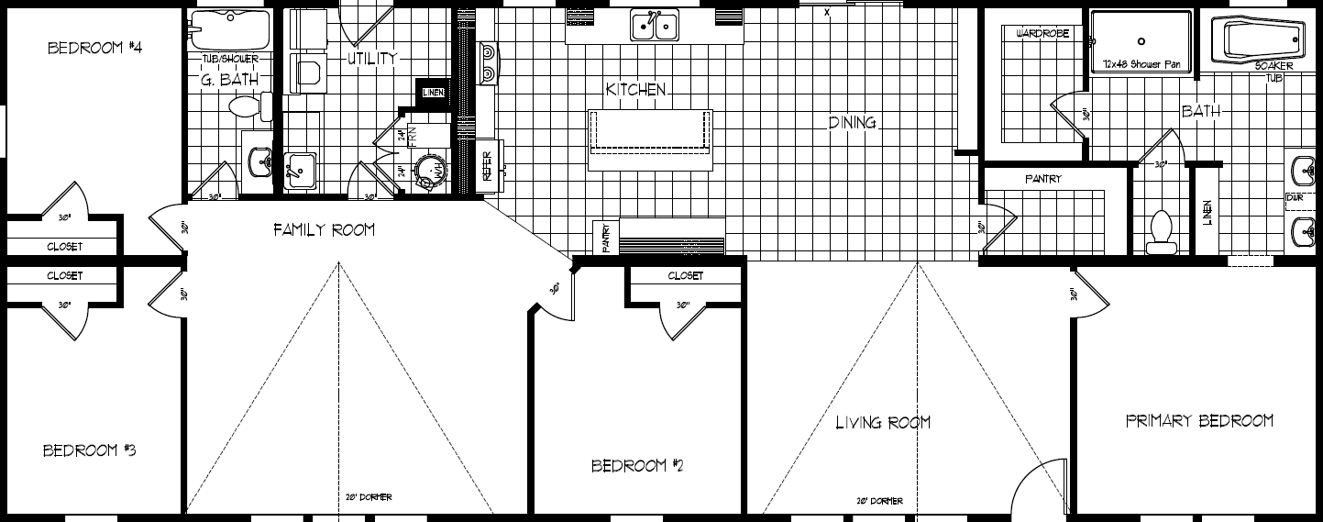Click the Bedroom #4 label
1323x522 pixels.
[x=94, y=48]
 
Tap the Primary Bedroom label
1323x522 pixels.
[x=1199, y=420]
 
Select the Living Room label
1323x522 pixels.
[x=883, y=422]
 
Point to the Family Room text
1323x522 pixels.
[x=324, y=229]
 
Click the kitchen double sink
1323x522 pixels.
[x=655, y=25]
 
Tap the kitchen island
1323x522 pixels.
[x=650, y=138]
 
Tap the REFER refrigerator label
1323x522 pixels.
[x=488, y=166]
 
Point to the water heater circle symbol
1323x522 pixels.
[x=430, y=172]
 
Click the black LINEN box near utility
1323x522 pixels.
[x=434, y=91]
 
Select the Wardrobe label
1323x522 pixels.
[x=1038, y=33]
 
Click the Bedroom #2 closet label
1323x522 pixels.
[x=685, y=275]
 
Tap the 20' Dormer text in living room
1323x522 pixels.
[x=879, y=501]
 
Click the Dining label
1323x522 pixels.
[x=853, y=122]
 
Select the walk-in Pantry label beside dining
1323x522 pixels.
[x=1042, y=179]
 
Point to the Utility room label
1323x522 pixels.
[x=372, y=59]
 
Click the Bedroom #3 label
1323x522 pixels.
[x=90, y=450]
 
